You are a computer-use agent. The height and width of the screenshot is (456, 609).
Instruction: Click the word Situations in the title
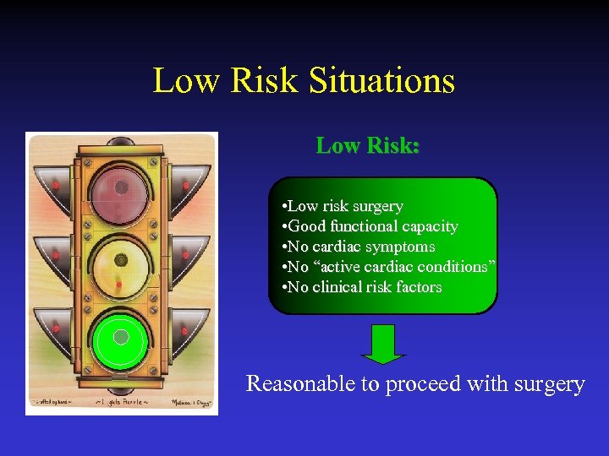(382, 81)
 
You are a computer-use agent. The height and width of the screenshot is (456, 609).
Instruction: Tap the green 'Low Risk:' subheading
(368, 145)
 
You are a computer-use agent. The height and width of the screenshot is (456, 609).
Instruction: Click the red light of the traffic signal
(120, 188)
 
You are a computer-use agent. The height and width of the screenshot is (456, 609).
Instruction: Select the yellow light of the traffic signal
(120, 262)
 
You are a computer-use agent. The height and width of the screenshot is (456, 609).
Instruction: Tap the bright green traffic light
(121, 338)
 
